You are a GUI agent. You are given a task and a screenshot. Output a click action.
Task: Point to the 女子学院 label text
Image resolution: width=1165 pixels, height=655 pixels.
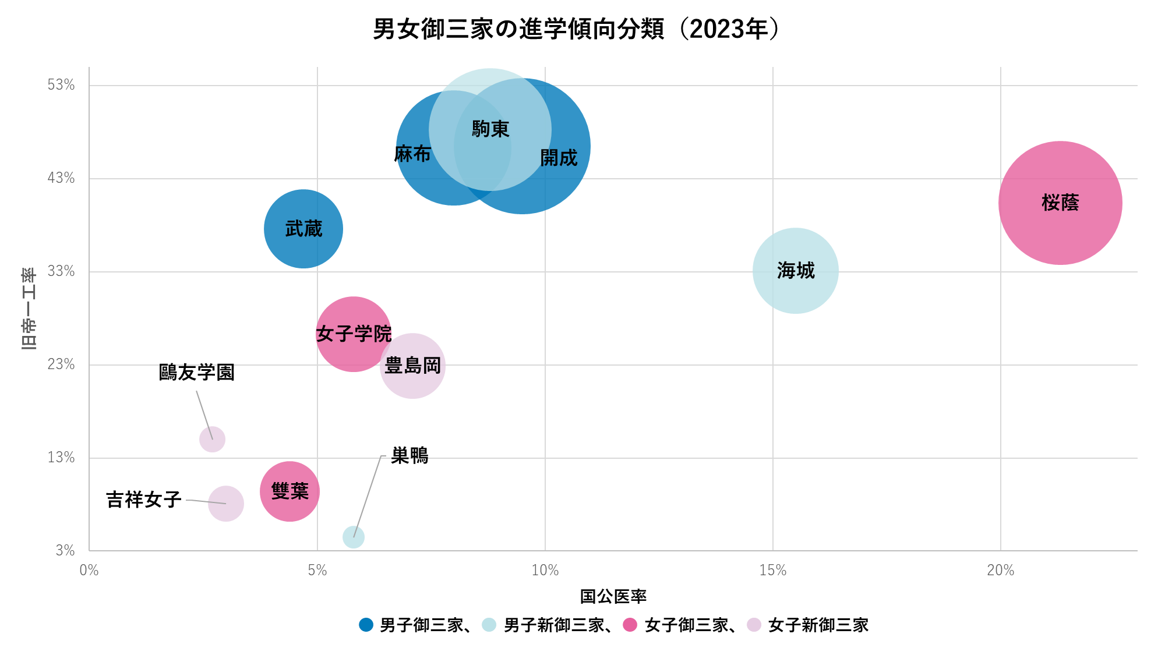(x=354, y=334)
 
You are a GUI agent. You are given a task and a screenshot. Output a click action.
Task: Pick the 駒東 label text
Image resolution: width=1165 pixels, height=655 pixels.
(x=490, y=129)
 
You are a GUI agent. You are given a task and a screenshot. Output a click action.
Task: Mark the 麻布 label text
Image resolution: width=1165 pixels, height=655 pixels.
(x=414, y=154)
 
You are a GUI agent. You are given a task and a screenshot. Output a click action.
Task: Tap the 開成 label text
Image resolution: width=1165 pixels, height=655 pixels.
(x=559, y=158)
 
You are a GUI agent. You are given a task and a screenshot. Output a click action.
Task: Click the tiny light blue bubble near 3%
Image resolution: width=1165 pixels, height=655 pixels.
(x=354, y=537)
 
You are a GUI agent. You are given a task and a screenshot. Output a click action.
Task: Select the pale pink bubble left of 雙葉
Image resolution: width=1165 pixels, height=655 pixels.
(x=226, y=504)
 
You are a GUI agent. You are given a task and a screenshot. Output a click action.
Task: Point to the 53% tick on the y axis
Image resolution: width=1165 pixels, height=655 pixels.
(x=61, y=85)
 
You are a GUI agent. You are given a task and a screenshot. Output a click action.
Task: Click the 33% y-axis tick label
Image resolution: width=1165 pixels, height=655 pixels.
(x=61, y=271)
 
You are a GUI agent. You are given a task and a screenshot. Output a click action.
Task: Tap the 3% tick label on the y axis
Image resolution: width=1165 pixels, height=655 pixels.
(x=65, y=550)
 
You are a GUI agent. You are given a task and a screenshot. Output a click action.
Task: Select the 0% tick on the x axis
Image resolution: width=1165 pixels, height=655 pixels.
(x=89, y=571)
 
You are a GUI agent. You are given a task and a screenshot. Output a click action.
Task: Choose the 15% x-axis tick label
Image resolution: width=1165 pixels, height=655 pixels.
(x=773, y=571)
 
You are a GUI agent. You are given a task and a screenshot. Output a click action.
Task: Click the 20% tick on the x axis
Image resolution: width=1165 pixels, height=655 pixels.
(x=1001, y=571)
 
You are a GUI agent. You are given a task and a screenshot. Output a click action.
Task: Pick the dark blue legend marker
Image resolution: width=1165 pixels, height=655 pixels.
(x=366, y=625)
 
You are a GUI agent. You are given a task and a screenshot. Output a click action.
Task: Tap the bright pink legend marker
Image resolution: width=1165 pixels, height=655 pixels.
(x=630, y=625)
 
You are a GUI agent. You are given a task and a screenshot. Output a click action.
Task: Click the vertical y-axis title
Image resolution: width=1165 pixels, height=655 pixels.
(x=29, y=309)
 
